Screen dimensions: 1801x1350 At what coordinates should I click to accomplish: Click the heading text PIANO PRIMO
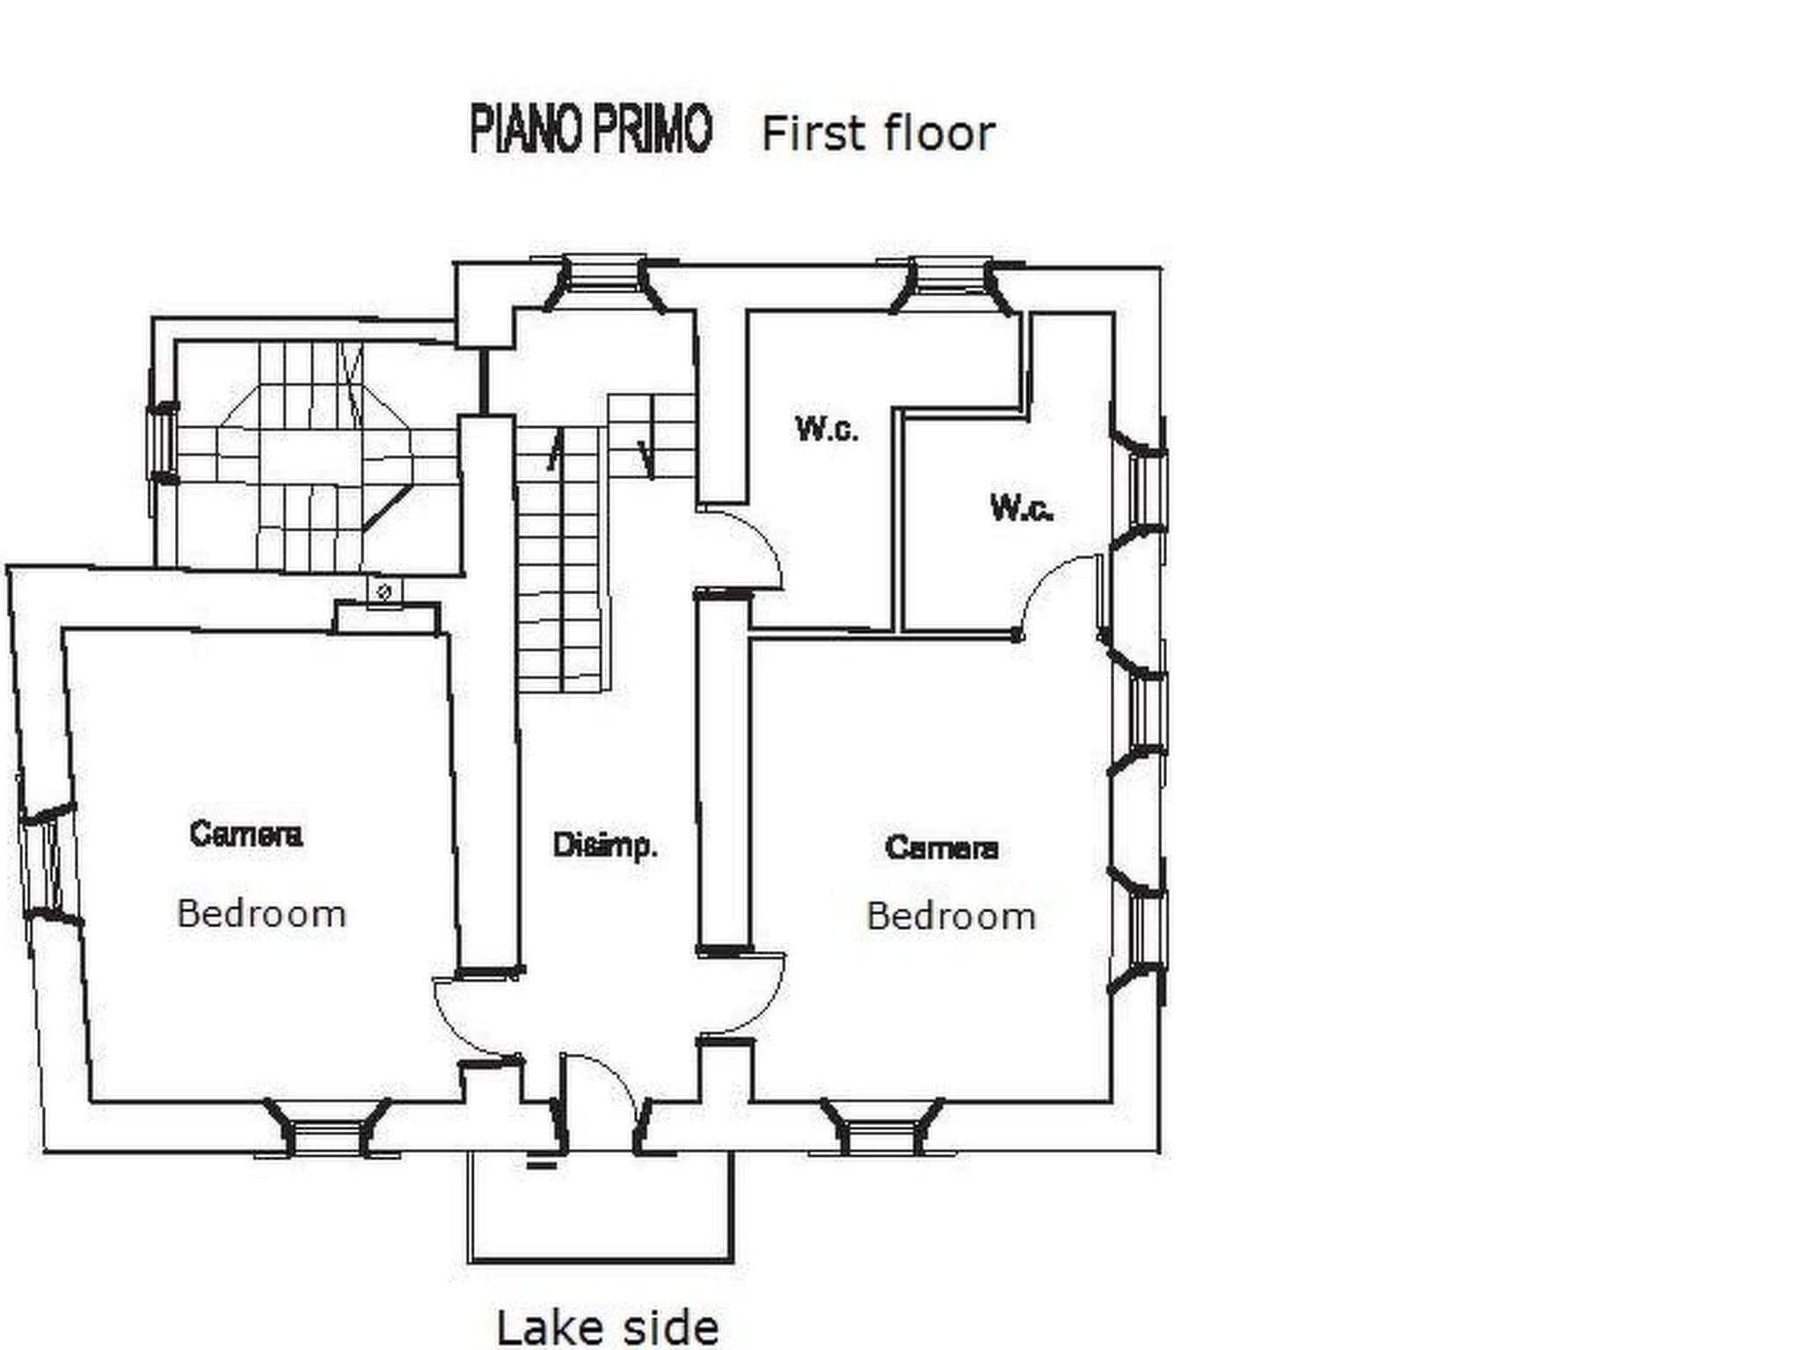[x=590, y=130]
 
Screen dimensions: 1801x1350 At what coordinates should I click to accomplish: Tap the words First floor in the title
[x=878, y=134]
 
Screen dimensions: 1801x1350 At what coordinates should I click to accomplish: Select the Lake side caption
[x=608, y=1326]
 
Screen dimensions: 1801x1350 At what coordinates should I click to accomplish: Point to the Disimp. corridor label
[x=605, y=846]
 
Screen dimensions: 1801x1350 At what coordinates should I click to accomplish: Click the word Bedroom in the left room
[x=261, y=914]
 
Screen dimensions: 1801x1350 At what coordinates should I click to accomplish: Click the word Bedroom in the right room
[x=951, y=917]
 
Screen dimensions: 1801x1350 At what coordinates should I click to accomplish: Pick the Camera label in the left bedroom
[x=246, y=833]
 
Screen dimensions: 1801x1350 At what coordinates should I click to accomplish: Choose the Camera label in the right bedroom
[x=942, y=847]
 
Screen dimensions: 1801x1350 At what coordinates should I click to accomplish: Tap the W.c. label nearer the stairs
[x=827, y=430]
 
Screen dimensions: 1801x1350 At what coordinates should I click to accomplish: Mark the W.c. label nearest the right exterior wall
[x=1022, y=508]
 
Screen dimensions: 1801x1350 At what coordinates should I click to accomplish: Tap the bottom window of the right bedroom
[x=883, y=1129]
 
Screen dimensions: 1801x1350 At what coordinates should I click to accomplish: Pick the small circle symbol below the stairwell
[x=383, y=592]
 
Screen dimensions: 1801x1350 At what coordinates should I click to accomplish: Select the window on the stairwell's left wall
[x=163, y=444]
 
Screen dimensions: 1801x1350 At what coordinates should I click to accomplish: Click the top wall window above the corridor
[x=603, y=281]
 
